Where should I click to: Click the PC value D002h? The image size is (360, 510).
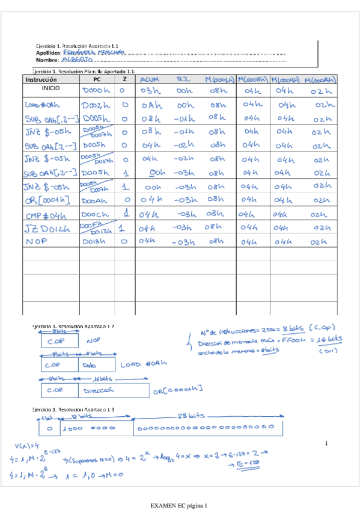click(x=94, y=105)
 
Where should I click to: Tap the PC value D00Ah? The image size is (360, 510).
click(x=94, y=200)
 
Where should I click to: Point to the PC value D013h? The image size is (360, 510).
click(x=94, y=242)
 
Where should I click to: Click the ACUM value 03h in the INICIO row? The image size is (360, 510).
click(x=149, y=90)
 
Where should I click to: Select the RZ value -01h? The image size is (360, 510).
click(x=183, y=118)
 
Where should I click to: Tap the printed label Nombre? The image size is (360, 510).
click(x=47, y=60)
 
